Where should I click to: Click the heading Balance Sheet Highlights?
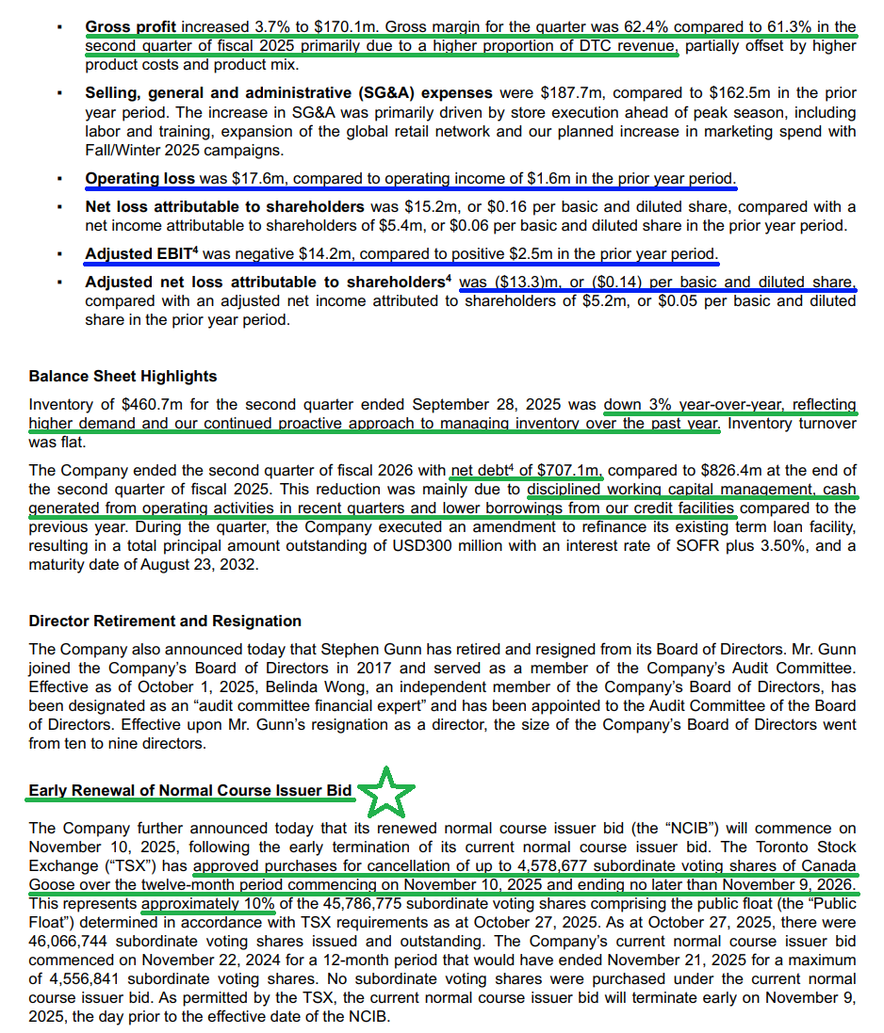(x=123, y=377)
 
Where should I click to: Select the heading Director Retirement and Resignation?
(x=165, y=621)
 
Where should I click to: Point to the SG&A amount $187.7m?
(x=570, y=93)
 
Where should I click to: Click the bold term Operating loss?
(x=139, y=178)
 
